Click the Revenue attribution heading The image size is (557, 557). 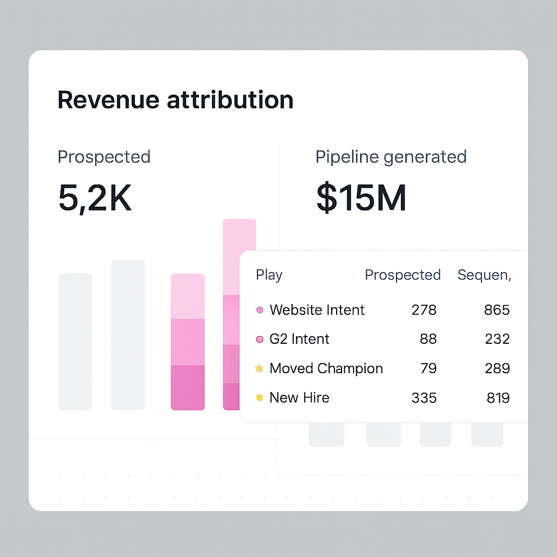175,100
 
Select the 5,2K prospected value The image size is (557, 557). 95,199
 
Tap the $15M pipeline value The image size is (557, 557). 361,199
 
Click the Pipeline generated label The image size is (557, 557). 391,157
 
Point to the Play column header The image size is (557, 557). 269,275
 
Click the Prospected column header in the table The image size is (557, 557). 403,275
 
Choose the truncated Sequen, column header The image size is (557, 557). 484,275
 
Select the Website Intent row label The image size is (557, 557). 317,310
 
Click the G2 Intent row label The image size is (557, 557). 299,339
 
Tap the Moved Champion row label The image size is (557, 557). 326,368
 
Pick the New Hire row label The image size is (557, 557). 299,398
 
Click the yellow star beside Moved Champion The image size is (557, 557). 259,369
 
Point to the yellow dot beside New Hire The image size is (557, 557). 259,398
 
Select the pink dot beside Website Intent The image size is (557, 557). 259,310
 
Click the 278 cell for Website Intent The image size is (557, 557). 424,310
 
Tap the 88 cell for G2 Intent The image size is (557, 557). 428,339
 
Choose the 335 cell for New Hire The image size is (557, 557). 424,398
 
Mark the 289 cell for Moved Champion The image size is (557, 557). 497,368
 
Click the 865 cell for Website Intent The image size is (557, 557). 497,310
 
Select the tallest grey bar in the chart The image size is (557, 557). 128,335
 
